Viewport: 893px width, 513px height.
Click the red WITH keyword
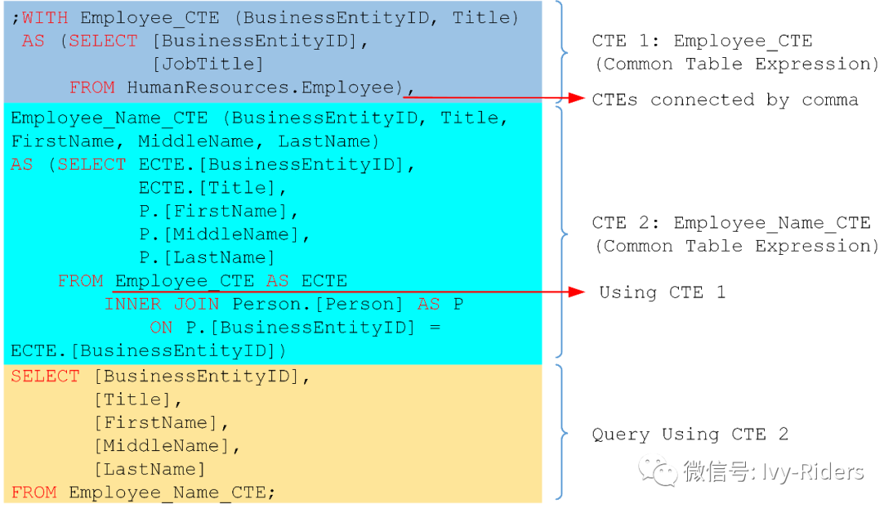pos(45,17)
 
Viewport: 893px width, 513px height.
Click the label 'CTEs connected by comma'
pos(725,100)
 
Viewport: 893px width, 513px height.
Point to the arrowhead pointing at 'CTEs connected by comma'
pos(578,98)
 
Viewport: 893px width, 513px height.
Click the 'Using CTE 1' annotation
pos(661,292)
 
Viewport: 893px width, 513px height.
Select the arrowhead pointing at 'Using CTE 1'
pos(578,292)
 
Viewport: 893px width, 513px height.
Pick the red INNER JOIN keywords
pos(161,304)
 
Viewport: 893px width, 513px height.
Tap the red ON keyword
pos(161,327)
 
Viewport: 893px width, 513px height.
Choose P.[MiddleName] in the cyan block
pos(224,234)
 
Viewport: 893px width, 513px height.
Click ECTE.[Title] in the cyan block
pos(206,188)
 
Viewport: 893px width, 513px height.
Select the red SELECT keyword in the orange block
pos(45,376)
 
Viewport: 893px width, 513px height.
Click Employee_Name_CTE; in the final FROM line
pos(172,492)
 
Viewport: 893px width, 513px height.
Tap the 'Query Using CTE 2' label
pos(690,434)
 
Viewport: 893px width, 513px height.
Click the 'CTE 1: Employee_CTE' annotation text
pos(702,41)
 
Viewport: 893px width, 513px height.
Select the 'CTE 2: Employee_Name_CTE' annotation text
pos(731,223)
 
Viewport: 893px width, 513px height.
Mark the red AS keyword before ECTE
pos(277,280)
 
